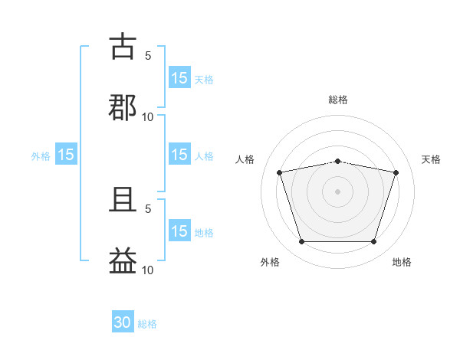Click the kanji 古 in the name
123,46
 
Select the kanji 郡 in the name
123,107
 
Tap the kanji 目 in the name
123,200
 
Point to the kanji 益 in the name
123,260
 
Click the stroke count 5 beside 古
148,56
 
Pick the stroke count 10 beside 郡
147,117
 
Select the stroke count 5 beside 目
148,209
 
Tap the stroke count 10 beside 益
147,270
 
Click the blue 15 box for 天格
179,77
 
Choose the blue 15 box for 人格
179,154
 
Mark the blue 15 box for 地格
179,230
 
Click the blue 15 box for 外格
66,154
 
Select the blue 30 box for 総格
123,321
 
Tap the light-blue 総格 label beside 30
147,324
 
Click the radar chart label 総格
338,100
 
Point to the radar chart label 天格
431,159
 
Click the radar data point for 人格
279,172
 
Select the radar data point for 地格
374,242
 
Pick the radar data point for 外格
301,242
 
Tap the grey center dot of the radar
337,191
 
